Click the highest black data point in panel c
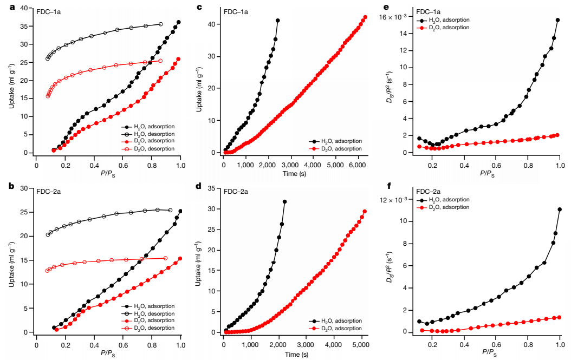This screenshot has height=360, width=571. pos(278,21)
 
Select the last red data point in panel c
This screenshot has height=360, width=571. pos(365,17)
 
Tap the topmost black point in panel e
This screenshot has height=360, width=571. pos(557,20)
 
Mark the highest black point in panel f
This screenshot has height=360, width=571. pos(559,210)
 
